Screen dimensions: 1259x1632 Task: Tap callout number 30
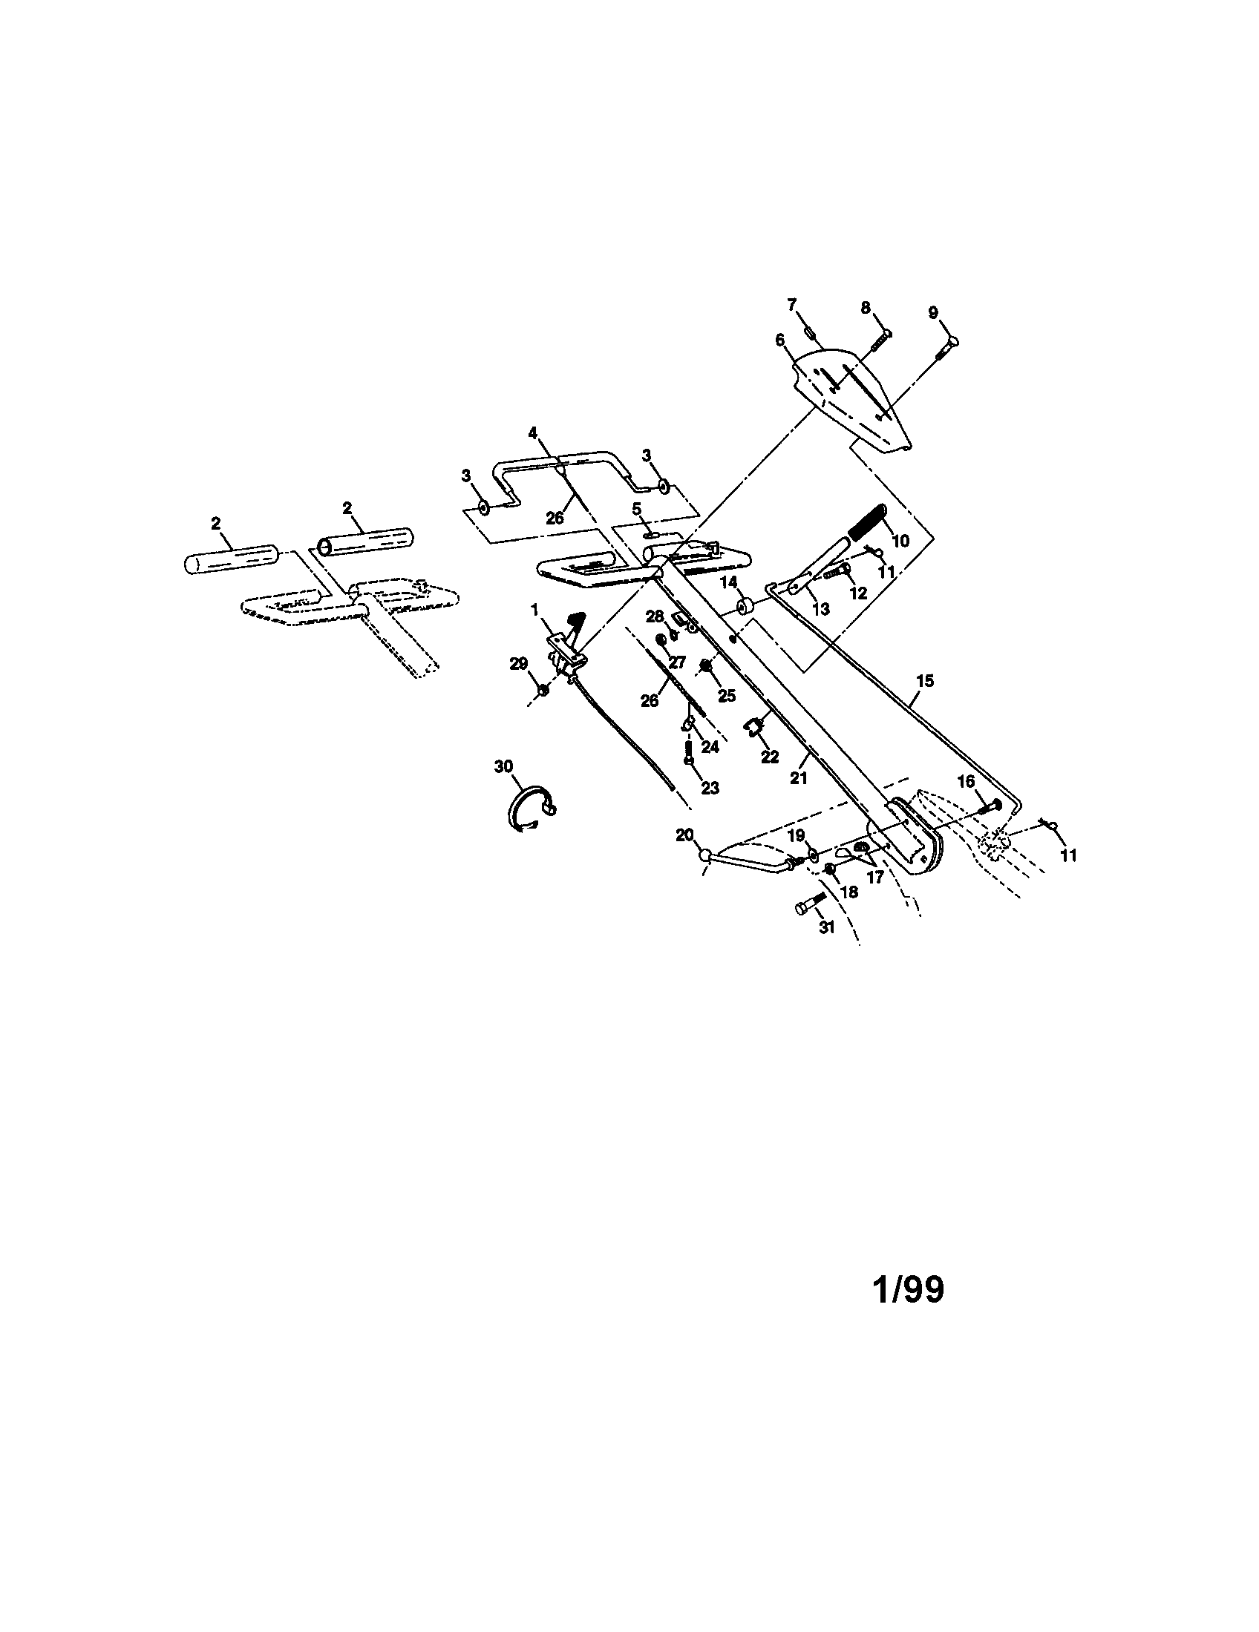[x=503, y=766]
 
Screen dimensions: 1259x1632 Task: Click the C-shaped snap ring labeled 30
[x=529, y=809]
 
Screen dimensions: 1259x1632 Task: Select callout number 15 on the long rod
[x=925, y=681]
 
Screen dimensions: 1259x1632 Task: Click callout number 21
[x=799, y=777]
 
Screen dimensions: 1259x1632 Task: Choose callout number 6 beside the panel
[x=780, y=340]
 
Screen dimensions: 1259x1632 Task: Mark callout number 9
[x=934, y=312]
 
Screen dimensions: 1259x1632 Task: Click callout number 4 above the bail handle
[x=532, y=432]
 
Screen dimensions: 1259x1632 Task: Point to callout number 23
[x=710, y=788]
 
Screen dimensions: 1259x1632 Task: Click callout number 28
[x=655, y=616]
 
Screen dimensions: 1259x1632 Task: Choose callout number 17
[x=874, y=877]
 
